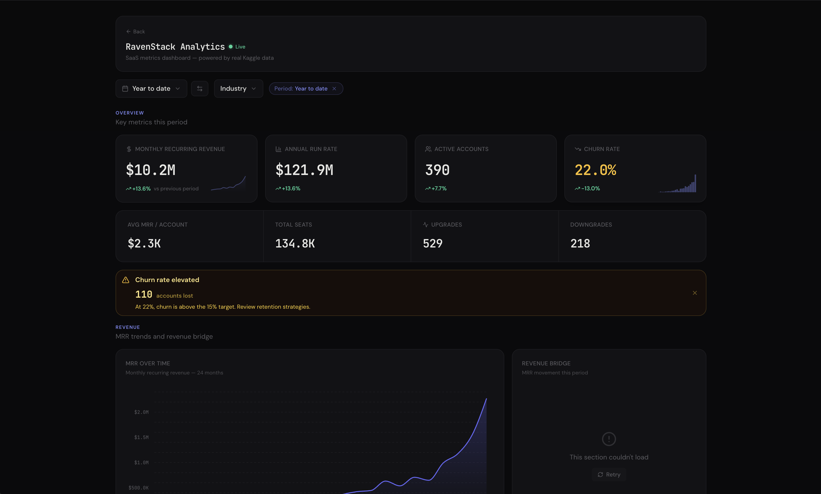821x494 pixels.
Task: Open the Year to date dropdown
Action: pyautogui.click(x=151, y=89)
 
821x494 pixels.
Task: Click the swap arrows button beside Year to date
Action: pyautogui.click(x=199, y=89)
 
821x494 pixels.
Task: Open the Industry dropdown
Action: pyautogui.click(x=238, y=89)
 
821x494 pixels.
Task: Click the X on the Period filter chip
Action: pyautogui.click(x=334, y=89)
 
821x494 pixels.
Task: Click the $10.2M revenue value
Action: pyautogui.click(x=151, y=170)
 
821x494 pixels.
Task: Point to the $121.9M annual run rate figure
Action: pyautogui.click(x=304, y=170)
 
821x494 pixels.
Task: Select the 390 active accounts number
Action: pyautogui.click(x=437, y=170)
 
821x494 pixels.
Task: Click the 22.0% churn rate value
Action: pyautogui.click(x=595, y=170)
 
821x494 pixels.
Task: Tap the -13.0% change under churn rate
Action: pyautogui.click(x=590, y=188)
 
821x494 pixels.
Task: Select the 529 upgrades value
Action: pyautogui.click(x=433, y=244)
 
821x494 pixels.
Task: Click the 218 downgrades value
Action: pyautogui.click(x=580, y=244)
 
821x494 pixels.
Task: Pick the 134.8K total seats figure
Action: pyautogui.click(x=295, y=244)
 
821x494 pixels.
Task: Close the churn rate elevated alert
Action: pyautogui.click(x=695, y=293)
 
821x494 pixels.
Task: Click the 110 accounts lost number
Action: pyautogui.click(x=144, y=295)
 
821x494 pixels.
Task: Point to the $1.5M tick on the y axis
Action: pyautogui.click(x=141, y=437)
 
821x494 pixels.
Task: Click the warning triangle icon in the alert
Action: pyautogui.click(x=126, y=280)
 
